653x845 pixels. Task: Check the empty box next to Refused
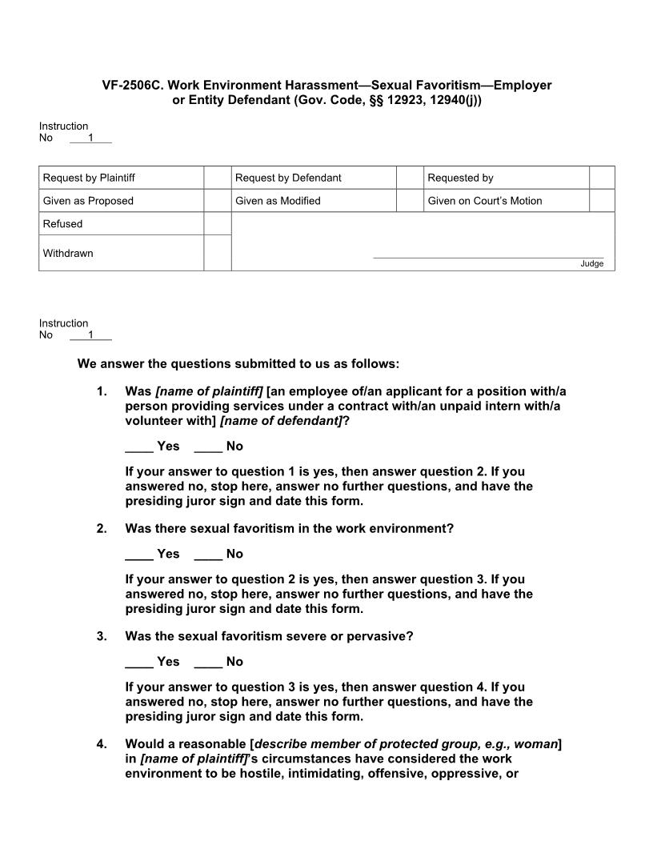217,224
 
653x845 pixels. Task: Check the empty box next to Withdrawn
217,253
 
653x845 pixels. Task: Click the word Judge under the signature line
591,264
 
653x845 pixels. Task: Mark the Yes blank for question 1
138,447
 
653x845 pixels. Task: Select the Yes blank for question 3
138,663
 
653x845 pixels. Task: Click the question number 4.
102,744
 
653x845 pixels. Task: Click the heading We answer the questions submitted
238,364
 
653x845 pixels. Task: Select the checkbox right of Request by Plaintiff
217,178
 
